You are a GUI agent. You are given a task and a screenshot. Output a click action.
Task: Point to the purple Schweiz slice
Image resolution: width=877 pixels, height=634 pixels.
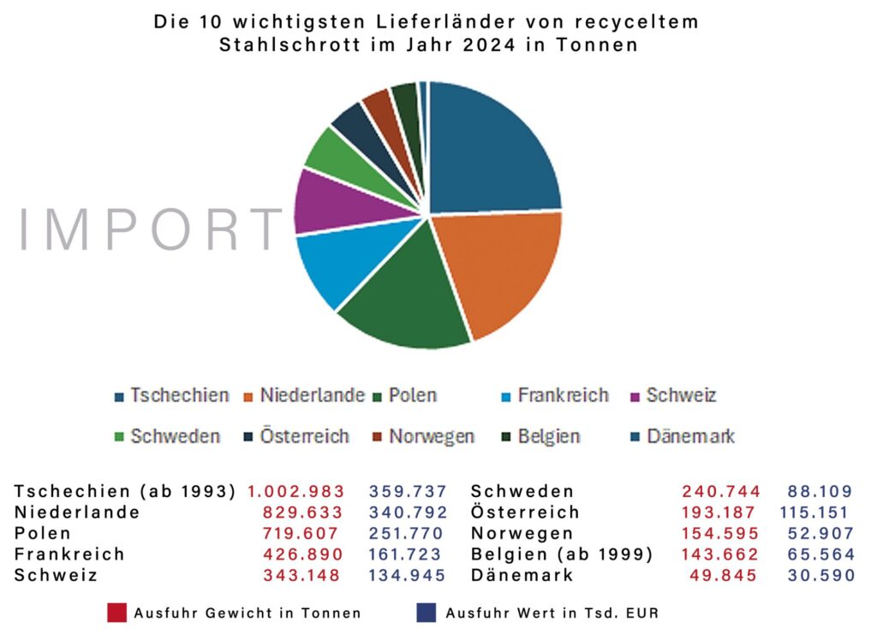tap(321, 201)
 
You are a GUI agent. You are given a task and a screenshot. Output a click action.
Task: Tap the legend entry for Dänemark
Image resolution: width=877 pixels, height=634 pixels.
tap(681, 436)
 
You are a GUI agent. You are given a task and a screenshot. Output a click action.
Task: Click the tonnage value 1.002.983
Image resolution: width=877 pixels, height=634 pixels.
tap(296, 491)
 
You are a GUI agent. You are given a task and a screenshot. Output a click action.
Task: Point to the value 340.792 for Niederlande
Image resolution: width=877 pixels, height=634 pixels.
tap(408, 513)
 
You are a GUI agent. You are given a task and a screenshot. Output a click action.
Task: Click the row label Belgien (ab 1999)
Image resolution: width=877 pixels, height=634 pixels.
tap(562, 554)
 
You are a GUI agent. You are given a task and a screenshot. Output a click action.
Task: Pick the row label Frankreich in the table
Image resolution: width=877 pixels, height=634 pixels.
tap(69, 554)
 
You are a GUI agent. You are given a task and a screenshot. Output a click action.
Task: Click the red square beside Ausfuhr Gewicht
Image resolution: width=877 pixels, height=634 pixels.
tap(116, 613)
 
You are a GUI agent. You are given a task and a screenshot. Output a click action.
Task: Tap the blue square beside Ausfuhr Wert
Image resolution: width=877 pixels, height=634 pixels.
tap(426, 613)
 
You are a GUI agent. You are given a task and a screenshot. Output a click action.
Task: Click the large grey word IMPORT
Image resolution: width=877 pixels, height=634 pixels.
tap(151, 230)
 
